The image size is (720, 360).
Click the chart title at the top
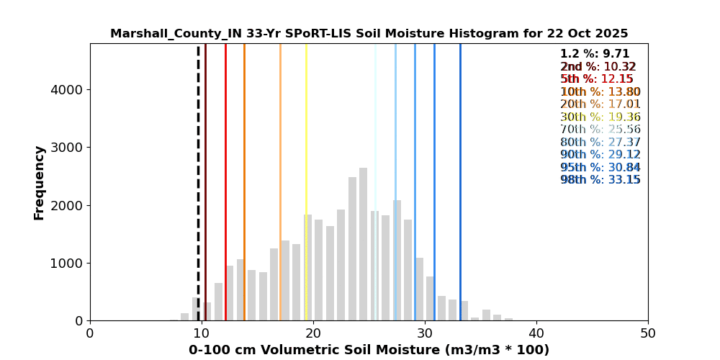coord(369,34)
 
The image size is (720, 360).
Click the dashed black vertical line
coord(198,180)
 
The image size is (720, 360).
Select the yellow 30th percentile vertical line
coord(306,180)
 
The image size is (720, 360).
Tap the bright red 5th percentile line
coord(225,180)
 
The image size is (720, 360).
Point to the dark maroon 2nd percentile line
coord(205,180)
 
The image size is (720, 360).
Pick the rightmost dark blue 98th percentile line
coord(460,180)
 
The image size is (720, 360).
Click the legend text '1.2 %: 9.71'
coord(595,54)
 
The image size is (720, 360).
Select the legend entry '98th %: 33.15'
coord(600,180)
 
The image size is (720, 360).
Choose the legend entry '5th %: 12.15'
coord(597,79)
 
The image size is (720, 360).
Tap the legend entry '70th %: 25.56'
coord(600,130)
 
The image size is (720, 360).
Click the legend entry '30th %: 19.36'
coord(600,117)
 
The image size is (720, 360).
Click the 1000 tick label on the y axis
coord(67,263)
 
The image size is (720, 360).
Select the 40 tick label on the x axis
coord(536,333)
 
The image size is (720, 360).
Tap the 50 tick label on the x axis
coord(648,333)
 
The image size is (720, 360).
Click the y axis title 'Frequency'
coord(40,182)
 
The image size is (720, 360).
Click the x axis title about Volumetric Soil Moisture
coord(369,350)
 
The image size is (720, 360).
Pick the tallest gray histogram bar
coord(363,245)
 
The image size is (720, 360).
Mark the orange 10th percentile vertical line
coord(244,180)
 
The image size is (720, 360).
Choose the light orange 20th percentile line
coord(280,180)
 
